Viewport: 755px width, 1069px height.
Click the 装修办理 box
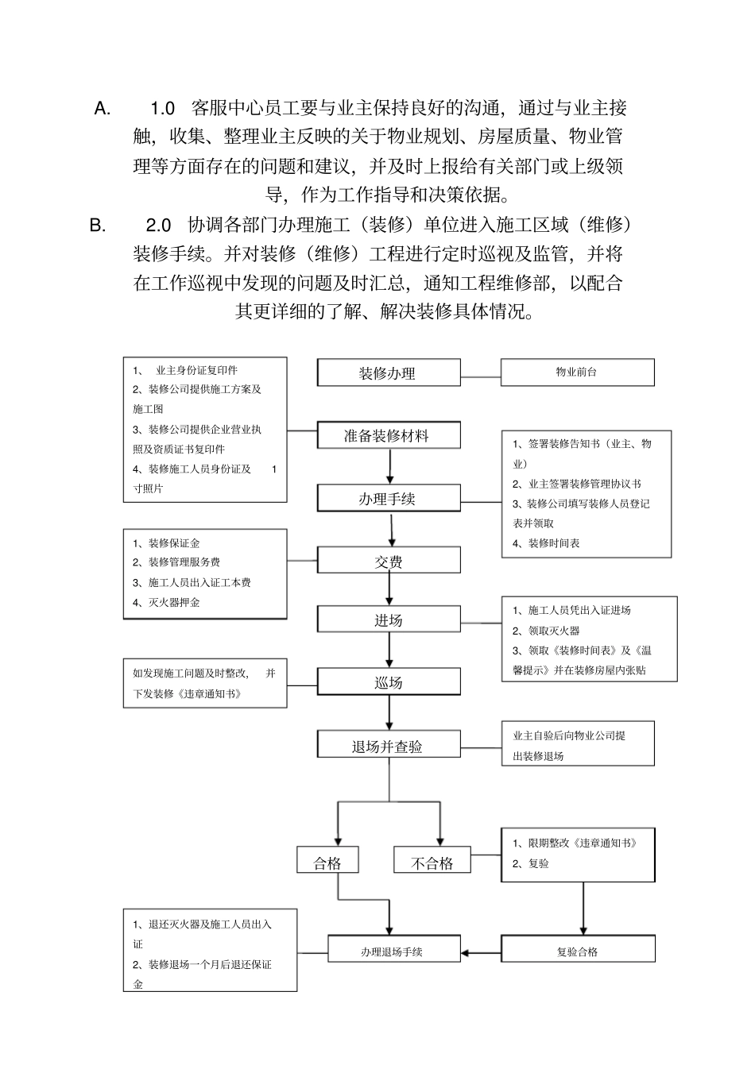click(x=388, y=372)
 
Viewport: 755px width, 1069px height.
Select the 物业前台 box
click(x=577, y=372)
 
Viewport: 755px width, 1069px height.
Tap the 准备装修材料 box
click(x=388, y=436)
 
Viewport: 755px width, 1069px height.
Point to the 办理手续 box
click(x=388, y=499)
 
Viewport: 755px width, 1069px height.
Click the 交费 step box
click(x=388, y=561)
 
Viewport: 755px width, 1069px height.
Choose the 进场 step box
click(x=388, y=620)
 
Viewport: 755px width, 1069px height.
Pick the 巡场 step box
click(x=388, y=682)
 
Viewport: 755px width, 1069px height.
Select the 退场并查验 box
click(x=388, y=746)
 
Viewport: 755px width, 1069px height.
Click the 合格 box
click(x=327, y=863)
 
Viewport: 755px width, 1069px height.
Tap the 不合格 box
click(x=432, y=863)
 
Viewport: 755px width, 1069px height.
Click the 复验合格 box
click(x=577, y=951)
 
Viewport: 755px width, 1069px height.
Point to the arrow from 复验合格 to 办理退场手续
click(x=480, y=951)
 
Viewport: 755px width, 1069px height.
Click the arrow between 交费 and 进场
click(x=389, y=589)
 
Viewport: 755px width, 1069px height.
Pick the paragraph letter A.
click(x=102, y=109)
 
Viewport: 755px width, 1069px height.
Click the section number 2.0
click(x=159, y=226)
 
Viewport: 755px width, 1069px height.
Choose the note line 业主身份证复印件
click(x=196, y=370)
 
